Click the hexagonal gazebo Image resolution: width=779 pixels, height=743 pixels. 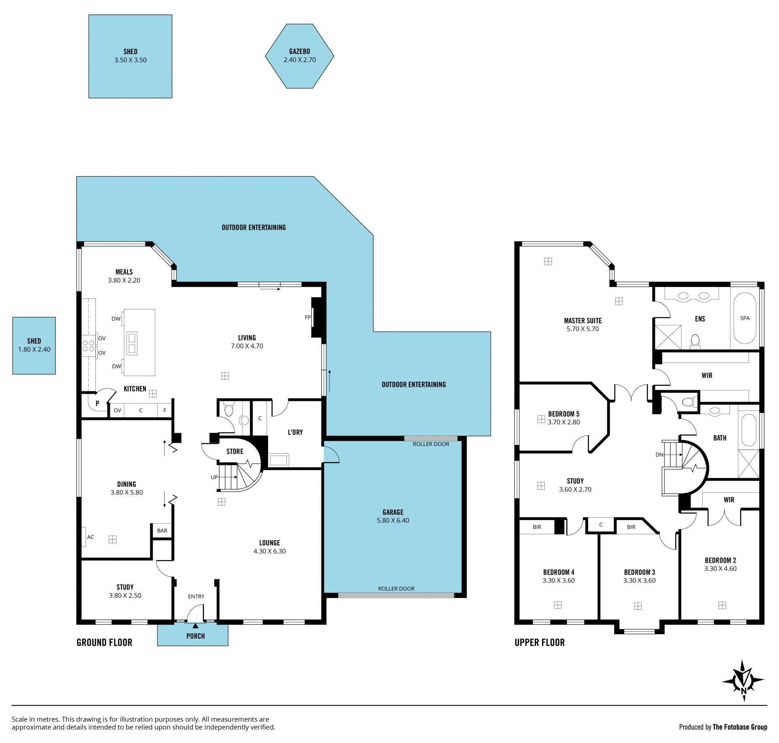point(299,56)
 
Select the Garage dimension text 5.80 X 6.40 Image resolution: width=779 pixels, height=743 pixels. point(393,521)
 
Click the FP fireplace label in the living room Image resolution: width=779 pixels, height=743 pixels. point(308,318)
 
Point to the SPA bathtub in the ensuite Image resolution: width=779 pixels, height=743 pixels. point(745,318)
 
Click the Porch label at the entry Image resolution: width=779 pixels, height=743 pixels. point(196,636)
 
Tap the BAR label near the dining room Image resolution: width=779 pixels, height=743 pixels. point(162,531)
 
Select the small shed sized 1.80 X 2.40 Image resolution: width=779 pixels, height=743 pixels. point(34,346)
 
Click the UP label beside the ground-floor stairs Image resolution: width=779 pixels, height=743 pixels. point(214,477)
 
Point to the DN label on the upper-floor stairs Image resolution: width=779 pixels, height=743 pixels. point(659,455)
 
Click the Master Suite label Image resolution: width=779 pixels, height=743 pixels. point(583,321)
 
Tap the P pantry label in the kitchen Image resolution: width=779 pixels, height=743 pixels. point(97,404)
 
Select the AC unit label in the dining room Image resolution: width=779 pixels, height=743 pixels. point(90,537)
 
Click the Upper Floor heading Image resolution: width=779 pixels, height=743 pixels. point(540,642)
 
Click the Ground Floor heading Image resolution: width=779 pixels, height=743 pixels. point(104,642)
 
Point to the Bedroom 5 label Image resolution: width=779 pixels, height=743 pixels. point(564,414)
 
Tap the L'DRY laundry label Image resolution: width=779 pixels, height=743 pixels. point(295,432)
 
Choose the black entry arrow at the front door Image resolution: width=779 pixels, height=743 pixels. point(196,626)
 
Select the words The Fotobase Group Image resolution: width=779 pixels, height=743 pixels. point(740,727)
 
